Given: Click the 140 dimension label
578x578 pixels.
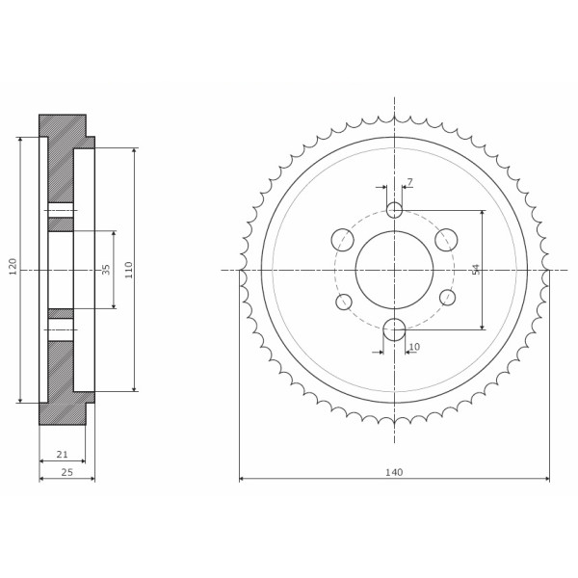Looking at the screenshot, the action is click(x=394, y=472).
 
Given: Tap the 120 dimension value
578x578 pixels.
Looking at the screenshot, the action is click(x=13, y=267).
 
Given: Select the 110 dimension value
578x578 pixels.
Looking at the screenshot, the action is click(x=128, y=270).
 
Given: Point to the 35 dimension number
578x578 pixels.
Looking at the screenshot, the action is click(x=106, y=270).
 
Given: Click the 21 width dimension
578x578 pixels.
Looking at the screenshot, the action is click(x=62, y=455).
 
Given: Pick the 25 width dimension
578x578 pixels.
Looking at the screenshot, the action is click(x=66, y=472).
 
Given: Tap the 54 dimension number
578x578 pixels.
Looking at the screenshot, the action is click(x=476, y=270).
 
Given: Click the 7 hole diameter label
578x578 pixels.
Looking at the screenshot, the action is click(x=410, y=182).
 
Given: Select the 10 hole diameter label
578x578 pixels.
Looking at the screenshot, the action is click(x=414, y=347).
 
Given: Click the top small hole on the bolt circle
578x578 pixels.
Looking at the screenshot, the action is click(x=394, y=210).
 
